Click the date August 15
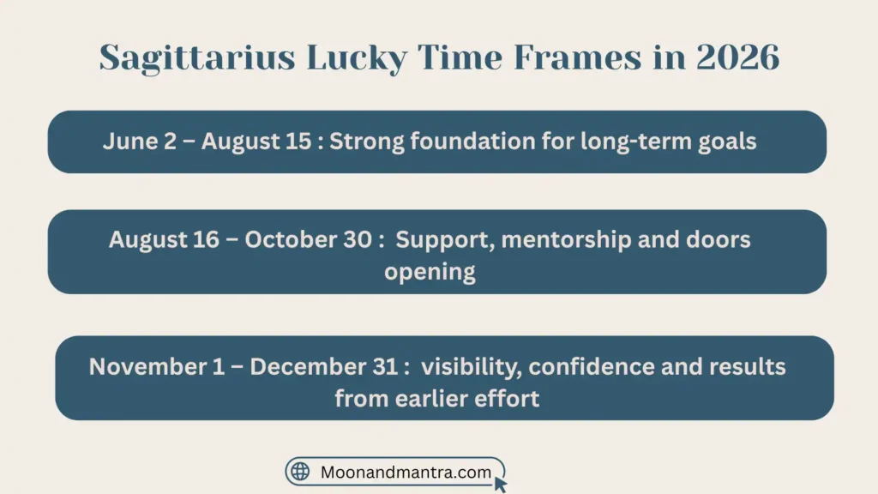point(256,142)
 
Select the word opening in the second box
point(430,273)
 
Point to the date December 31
point(323,367)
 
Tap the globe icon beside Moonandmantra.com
point(300,472)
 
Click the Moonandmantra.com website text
point(406,472)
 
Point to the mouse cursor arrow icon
point(501,484)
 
